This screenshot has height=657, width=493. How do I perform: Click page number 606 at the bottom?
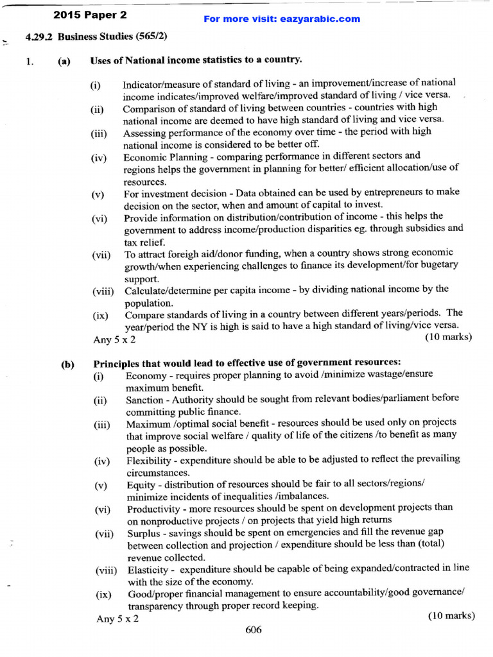pos(254,630)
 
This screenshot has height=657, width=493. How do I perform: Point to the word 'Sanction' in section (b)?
pos(144,399)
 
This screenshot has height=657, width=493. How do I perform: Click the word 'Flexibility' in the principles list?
pos(149,460)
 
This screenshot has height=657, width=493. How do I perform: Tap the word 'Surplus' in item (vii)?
pos(143,533)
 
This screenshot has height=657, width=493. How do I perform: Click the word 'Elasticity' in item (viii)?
pos(148,570)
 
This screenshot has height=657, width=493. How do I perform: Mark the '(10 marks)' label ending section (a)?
pos(449,336)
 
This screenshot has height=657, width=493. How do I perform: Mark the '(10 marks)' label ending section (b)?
pos(451,616)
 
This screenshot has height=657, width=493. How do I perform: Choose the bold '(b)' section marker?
pos(68,364)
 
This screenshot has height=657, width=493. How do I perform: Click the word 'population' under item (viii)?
pos(149,303)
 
